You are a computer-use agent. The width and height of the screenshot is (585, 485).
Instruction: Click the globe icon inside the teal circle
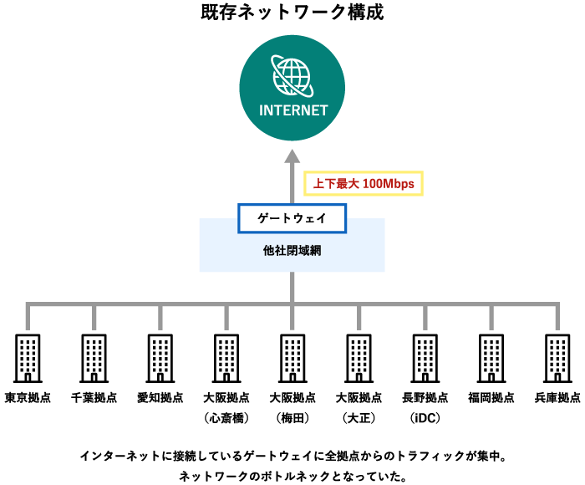tap(292, 76)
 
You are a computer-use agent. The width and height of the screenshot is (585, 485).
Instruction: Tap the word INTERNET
tap(293, 110)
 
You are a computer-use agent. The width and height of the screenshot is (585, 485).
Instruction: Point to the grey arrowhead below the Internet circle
tap(292, 156)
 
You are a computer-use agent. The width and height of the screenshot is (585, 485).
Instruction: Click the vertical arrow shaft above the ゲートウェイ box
tap(292, 184)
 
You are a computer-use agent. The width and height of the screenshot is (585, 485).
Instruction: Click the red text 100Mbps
tap(388, 184)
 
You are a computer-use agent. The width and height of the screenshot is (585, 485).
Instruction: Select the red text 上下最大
tap(336, 184)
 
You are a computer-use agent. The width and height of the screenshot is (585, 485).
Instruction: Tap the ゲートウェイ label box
tap(292, 218)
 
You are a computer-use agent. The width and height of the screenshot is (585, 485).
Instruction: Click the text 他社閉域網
tap(292, 250)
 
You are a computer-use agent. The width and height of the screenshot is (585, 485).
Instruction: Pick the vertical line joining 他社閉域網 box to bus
tap(292, 287)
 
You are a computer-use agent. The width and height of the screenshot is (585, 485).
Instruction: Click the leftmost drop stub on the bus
tap(28, 319)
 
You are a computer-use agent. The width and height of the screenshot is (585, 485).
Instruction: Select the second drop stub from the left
tap(94, 319)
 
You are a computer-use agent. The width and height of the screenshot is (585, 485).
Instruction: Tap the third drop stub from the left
tap(160, 319)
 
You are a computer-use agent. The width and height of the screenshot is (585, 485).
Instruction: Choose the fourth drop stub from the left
tap(226, 319)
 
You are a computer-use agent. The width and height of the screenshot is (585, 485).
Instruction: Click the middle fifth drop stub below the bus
tap(292, 319)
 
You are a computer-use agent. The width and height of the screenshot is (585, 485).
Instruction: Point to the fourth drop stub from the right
tap(359, 319)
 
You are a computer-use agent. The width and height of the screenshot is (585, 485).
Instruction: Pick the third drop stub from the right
tap(425, 319)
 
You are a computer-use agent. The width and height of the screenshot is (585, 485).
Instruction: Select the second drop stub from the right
tap(491, 319)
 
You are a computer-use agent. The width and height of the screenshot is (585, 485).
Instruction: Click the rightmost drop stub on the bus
tap(557, 319)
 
